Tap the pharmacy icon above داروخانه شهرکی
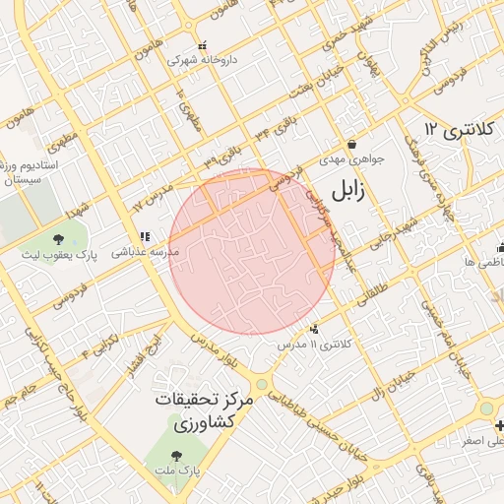pos(203,45)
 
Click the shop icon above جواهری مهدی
pos(351,144)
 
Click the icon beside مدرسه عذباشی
pos(145,236)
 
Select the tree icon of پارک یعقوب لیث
pos(58,239)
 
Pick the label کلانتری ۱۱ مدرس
pos(315,345)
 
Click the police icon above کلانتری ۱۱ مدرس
pos(314,329)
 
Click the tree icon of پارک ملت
pos(176,455)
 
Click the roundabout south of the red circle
pos(261,385)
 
